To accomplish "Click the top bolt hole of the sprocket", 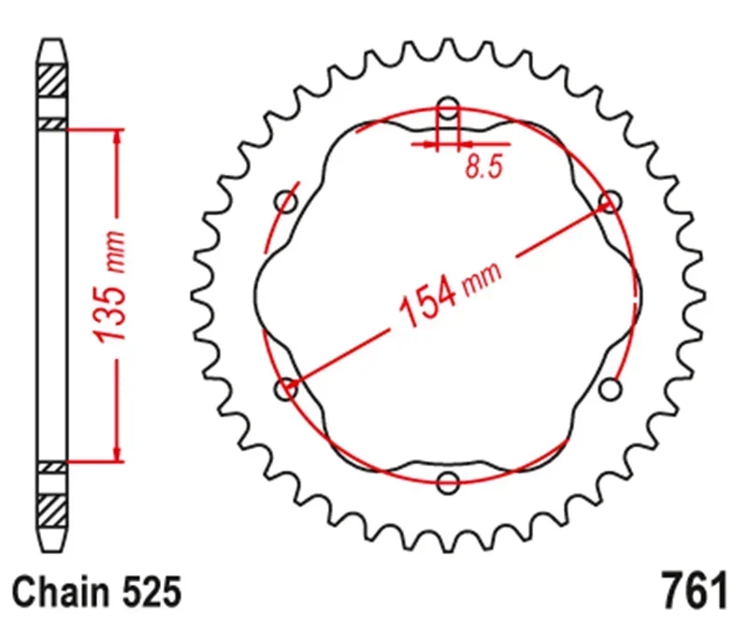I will click(449, 109).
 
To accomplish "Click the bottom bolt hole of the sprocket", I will click(449, 483).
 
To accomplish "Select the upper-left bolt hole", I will click(287, 202).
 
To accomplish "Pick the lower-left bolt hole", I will click(287, 387).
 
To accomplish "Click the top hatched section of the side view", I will click(52, 79).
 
